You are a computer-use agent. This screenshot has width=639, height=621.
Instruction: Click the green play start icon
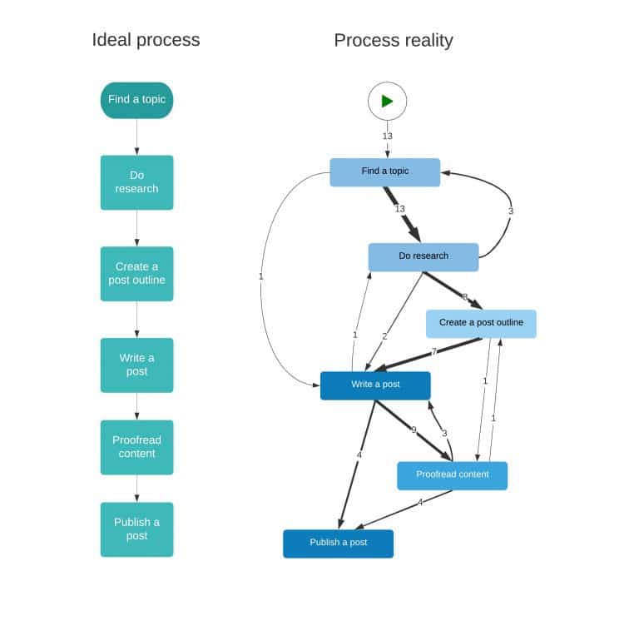[387, 101]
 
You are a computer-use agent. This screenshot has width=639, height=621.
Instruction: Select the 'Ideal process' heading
[146, 40]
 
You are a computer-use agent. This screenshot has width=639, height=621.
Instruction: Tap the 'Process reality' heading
[394, 40]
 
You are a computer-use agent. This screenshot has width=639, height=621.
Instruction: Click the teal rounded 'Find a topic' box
[136, 100]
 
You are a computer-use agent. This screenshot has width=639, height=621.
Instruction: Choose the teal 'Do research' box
[136, 182]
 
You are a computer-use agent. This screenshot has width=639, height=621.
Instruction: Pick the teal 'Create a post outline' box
[136, 273]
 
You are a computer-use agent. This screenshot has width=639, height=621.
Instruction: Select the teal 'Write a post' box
[136, 365]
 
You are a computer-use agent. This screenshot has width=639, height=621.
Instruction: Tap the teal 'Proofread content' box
[136, 447]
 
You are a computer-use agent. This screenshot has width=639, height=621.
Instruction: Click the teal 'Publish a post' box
[136, 529]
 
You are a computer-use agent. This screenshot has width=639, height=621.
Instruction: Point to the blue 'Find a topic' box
[384, 171]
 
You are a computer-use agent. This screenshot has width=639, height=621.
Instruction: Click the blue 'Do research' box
[423, 256]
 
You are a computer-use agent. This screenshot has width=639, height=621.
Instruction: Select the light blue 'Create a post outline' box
[481, 323]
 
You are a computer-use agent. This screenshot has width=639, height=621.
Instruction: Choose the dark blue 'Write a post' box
[375, 385]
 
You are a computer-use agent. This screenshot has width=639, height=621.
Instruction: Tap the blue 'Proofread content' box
[452, 475]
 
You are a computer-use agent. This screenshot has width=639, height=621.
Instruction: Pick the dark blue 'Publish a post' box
[338, 543]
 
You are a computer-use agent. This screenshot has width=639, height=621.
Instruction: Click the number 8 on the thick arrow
[464, 297]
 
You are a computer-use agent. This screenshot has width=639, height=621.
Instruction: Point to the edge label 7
[433, 351]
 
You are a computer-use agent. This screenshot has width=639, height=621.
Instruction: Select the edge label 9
[414, 430]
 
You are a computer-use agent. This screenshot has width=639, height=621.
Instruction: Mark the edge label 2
[384, 336]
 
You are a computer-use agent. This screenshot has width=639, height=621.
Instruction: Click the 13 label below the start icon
[387, 136]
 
